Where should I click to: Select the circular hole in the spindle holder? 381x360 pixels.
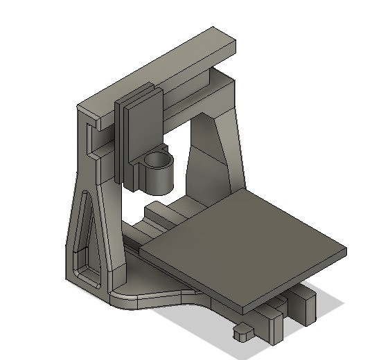(159, 162)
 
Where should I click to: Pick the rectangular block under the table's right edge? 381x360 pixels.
(303, 305)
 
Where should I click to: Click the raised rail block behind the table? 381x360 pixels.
(156, 210)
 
